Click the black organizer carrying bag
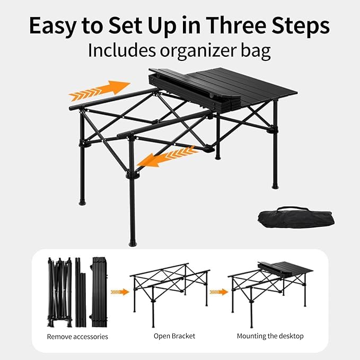[x=294, y=217]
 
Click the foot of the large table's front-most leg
[x=133, y=243]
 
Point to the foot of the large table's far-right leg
[x=275, y=186]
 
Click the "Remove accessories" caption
[x=77, y=336]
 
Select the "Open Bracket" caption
[x=174, y=336]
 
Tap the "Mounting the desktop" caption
[x=270, y=336]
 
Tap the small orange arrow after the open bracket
[x=217, y=292]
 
